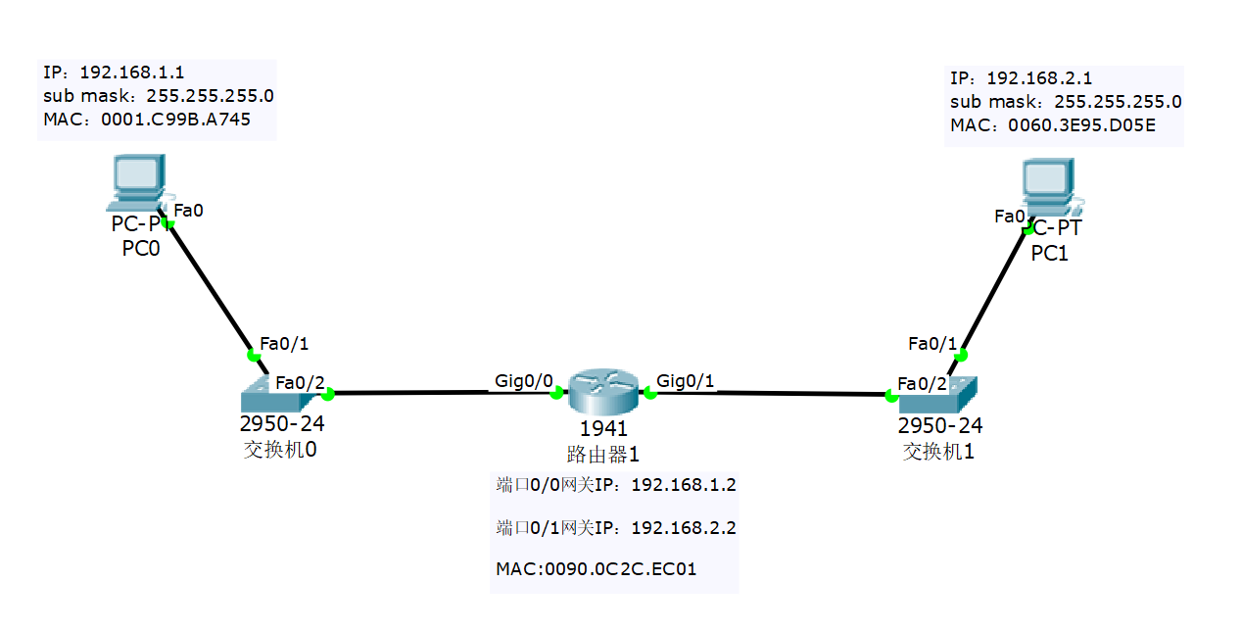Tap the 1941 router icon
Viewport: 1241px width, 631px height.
[x=602, y=392]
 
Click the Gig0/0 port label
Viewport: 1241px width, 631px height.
[x=525, y=380]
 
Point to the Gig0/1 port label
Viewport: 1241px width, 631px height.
[x=686, y=380]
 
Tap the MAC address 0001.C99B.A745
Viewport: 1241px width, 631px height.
[x=175, y=120]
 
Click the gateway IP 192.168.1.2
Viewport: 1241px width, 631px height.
[x=684, y=484]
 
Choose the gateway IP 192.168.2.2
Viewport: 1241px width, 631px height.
[x=684, y=528]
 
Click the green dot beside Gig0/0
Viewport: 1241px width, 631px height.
[x=556, y=393]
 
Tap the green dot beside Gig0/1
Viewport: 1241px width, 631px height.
[x=648, y=393]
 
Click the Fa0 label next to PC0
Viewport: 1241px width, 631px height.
[x=189, y=210]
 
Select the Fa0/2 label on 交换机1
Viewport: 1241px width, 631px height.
[x=922, y=383]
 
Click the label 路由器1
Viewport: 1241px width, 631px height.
[x=602, y=454]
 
